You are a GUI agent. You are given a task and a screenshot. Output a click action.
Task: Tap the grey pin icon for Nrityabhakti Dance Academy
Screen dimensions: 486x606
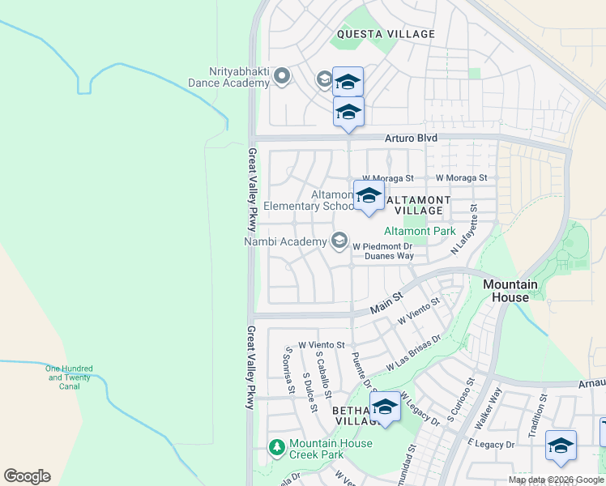[x=282, y=77]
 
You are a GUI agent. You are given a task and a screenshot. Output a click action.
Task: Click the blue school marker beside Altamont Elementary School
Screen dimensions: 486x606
[x=369, y=196]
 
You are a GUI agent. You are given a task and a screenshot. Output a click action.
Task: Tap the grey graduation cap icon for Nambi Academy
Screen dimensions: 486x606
[x=339, y=241]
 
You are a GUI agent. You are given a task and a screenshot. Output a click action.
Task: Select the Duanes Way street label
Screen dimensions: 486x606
[x=389, y=256]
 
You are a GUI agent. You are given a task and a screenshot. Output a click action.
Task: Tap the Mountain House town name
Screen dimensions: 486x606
[x=510, y=291]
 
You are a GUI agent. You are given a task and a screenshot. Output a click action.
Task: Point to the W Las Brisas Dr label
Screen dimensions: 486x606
[x=413, y=352]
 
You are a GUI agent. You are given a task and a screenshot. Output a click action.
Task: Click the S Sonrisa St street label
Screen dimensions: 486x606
[x=288, y=368]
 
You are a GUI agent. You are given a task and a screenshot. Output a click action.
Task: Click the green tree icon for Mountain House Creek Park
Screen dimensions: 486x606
[x=277, y=447]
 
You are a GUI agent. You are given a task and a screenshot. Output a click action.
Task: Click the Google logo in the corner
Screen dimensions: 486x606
[x=26, y=476]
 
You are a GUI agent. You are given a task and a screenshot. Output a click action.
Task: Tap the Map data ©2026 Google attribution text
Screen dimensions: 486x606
[x=555, y=480]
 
